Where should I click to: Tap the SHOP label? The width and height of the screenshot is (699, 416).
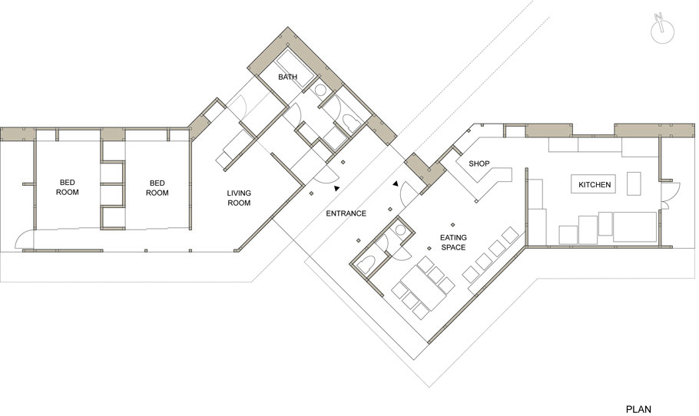(x=479, y=163)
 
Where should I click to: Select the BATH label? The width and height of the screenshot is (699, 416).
(x=287, y=77)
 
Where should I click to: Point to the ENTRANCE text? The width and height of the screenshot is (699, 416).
(x=346, y=213)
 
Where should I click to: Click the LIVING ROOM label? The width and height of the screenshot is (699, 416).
(x=239, y=198)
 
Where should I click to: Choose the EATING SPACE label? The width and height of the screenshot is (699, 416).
(x=453, y=243)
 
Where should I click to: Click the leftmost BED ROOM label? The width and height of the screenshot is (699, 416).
(x=68, y=187)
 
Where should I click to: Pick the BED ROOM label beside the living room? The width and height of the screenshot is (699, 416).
(x=157, y=187)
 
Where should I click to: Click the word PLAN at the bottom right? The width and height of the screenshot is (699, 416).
(x=638, y=409)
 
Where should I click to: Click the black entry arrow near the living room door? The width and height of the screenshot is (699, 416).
(x=336, y=188)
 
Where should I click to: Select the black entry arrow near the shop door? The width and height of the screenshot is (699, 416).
(x=396, y=183)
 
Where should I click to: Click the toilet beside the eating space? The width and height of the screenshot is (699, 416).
(x=366, y=264)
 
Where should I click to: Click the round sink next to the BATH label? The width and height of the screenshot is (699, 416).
(x=320, y=90)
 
